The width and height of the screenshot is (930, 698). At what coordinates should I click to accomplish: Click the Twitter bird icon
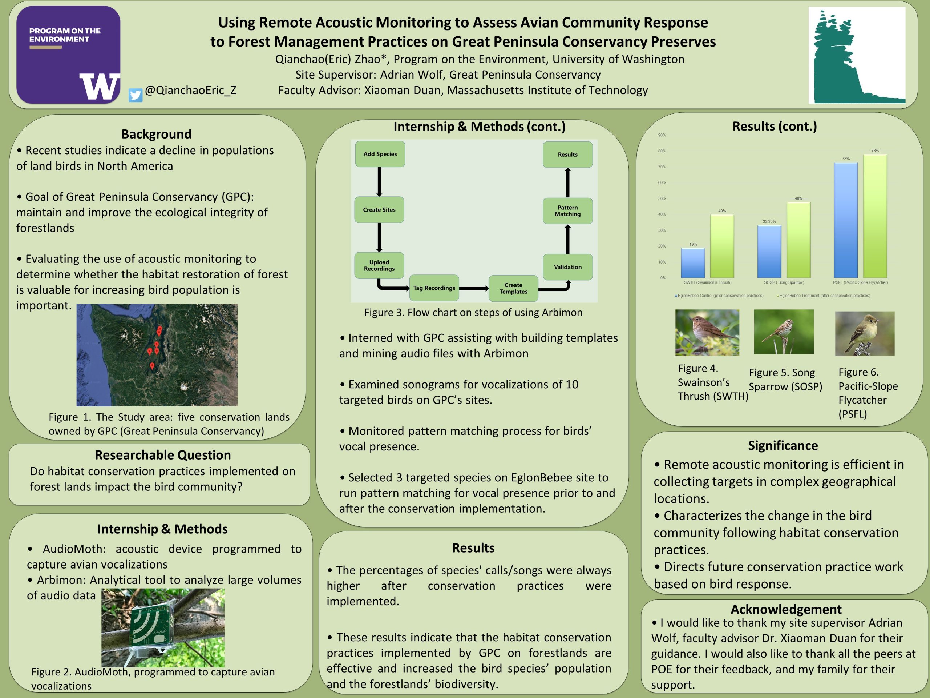136,95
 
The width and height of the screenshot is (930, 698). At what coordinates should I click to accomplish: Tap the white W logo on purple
100,87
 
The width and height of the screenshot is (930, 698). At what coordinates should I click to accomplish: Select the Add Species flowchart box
380,154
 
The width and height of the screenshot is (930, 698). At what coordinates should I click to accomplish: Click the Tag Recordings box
434,288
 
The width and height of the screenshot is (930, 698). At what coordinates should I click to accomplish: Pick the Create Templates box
513,288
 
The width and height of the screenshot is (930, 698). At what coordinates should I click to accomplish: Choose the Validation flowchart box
567,267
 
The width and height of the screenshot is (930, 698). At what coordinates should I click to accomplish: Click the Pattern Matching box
567,211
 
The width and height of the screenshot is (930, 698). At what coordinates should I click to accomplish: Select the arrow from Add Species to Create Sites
379,182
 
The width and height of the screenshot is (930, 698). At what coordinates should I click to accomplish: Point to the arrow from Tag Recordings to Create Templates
473,289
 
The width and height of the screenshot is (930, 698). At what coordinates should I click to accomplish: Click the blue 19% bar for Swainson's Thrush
693,263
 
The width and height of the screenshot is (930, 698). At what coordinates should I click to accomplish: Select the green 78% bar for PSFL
875,216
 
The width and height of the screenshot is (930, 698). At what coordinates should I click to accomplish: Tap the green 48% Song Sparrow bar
798,240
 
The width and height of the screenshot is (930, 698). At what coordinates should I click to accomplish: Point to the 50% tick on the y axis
662,198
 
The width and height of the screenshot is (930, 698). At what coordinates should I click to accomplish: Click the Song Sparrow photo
784,332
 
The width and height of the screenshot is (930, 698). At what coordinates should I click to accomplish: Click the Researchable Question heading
163,455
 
